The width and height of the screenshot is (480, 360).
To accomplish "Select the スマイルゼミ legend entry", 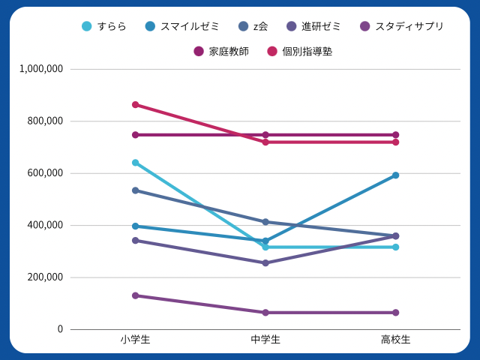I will (181, 26).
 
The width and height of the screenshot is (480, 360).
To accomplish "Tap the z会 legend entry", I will (250, 26).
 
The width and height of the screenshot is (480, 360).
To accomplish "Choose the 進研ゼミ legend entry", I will (313, 26).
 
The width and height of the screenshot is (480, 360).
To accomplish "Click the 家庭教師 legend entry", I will (221, 51).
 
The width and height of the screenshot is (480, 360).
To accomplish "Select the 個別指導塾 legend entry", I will (299, 51).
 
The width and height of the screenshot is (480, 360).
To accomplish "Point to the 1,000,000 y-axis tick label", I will (42, 69).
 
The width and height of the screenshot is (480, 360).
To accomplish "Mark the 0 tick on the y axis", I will (61, 329).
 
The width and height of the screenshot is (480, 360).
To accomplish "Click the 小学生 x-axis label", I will (135, 340).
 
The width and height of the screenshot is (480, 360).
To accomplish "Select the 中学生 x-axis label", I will (265, 340).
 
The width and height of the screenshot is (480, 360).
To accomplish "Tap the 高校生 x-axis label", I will (395, 340).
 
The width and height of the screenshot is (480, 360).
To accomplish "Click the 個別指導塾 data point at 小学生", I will (136, 105).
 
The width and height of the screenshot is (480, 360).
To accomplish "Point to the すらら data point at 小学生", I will (136, 163).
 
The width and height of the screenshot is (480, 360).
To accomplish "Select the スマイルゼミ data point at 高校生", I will (395, 175).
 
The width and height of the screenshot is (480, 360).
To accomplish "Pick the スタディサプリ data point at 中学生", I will (265, 313).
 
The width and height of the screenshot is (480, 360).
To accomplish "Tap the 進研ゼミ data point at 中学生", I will (265, 263).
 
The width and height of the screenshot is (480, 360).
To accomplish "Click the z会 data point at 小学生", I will (136, 190).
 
